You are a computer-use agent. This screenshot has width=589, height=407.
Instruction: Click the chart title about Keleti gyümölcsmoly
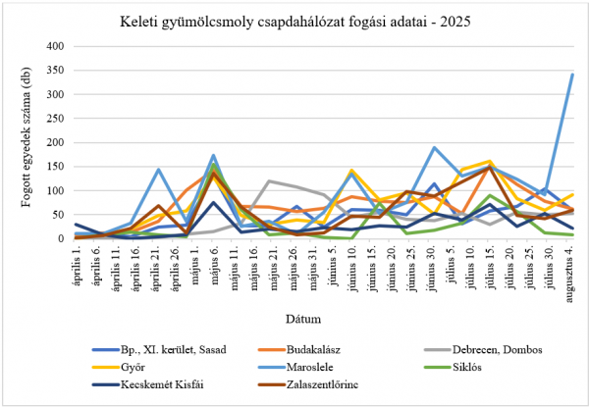(x=294, y=21)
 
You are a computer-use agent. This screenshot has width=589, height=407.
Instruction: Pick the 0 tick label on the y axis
(x=60, y=238)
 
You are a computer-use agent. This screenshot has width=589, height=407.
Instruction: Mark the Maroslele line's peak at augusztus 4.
(x=572, y=75)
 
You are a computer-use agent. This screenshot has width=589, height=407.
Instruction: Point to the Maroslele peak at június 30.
(x=434, y=147)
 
